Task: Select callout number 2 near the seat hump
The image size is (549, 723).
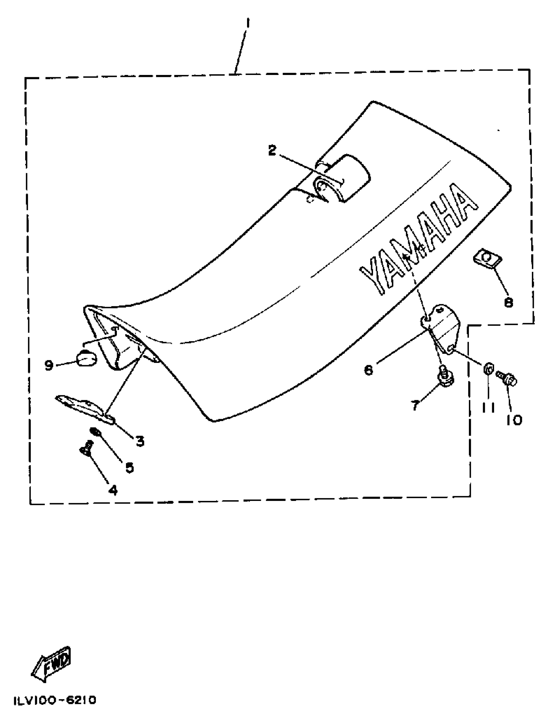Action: coord(272,150)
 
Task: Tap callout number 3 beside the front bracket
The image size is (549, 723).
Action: coord(140,441)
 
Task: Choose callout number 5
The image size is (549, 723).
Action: coord(130,468)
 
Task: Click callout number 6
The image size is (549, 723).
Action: coord(368,370)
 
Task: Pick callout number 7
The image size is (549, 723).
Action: coord(415,406)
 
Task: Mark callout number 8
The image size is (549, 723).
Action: coord(509,303)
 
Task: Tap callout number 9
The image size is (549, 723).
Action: coord(49,365)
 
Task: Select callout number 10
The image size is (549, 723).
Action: coord(514,420)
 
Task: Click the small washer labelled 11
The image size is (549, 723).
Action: coord(489,369)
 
